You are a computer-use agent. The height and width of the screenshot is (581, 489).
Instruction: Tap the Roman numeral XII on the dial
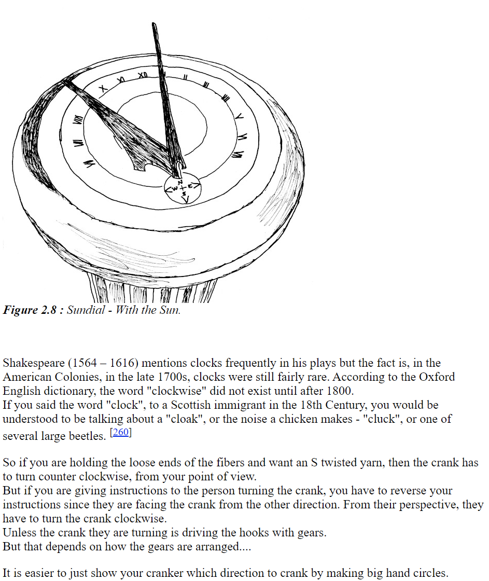[143, 76]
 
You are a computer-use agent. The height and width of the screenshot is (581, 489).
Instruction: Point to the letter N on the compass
[180, 182]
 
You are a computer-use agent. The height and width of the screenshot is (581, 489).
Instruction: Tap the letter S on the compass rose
[184, 193]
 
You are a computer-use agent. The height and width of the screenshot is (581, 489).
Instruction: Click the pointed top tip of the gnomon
[153, 24]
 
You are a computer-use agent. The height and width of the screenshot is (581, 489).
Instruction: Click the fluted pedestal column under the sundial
[153, 290]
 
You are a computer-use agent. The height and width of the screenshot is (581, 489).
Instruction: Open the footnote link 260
[121, 432]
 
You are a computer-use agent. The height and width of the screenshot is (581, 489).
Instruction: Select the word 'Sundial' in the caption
[86, 311]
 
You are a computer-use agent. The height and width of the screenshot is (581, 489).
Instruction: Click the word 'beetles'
[88, 436]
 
